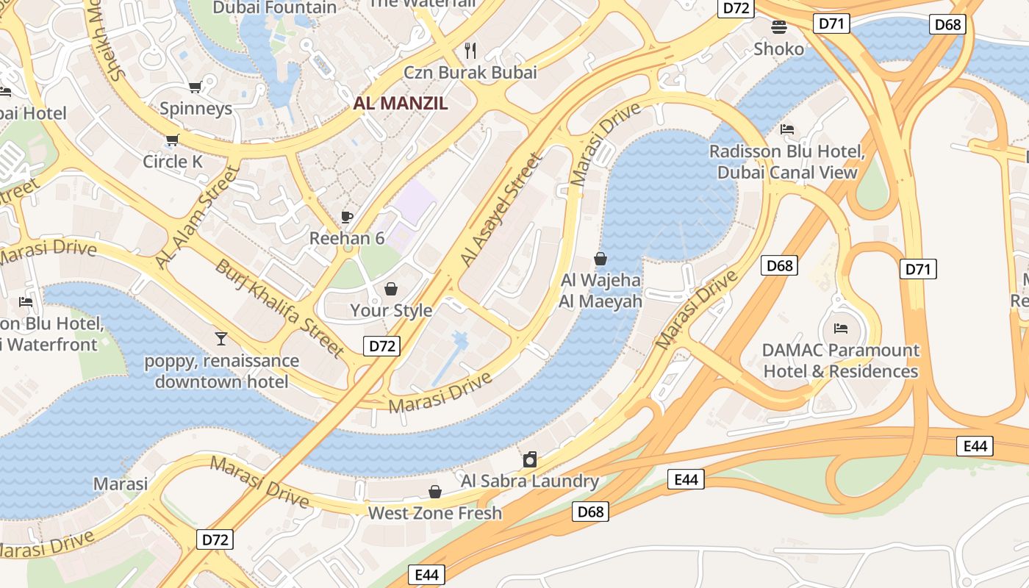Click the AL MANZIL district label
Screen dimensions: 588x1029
point(400,103)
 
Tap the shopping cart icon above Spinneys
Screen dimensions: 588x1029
point(195,87)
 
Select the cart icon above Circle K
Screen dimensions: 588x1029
point(172,140)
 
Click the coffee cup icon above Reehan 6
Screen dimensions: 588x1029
point(347,217)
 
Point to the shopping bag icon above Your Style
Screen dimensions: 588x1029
point(391,288)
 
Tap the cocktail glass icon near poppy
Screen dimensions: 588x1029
point(220,338)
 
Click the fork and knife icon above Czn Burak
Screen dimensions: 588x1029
point(470,50)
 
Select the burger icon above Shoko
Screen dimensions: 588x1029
point(779,27)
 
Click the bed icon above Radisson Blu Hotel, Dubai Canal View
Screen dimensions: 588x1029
point(787,129)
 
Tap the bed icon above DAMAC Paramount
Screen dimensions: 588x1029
point(841,328)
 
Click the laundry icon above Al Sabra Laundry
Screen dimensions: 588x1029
point(529,460)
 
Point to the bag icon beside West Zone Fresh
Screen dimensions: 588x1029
point(435,492)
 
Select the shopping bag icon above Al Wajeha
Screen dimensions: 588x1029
point(600,259)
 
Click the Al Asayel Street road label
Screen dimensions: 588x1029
point(500,210)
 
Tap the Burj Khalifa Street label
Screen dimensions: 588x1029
point(279,309)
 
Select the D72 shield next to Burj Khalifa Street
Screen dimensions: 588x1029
point(382,346)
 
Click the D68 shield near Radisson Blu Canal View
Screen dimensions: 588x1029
point(779,265)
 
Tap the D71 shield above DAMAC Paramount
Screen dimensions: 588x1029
point(918,269)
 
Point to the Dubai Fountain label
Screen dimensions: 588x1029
point(274,7)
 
